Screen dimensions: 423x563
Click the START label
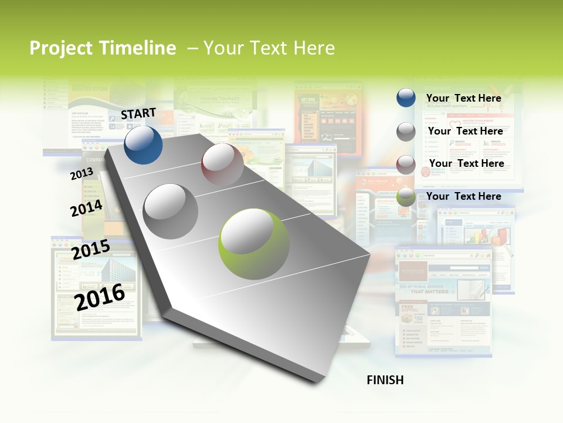pyautogui.click(x=138, y=113)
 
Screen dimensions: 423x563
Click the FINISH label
pyautogui.click(x=385, y=380)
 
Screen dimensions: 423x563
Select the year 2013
pyautogui.click(x=82, y=174)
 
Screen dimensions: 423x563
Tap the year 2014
pyautogui.click(x=86, y=209)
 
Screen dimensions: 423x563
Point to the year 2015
pyautogui.click(x=91, y=250)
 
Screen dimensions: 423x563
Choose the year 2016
pyautogui.click(x=100, y=297)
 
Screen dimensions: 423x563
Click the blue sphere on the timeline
pyautogui.click(x=143, y=145)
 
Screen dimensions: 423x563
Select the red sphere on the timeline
pyautogui.click(x=222, y=165)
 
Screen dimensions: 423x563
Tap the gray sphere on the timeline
pyautogui.click(x=171, y=211)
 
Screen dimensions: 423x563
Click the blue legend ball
pyautogui.click(x=406, y=98)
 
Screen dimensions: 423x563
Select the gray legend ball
pyautogui.click(x=406, y=132)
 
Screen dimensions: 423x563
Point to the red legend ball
pyautogui.click(x=406, y=164)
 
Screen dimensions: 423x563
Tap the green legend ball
pyautogui.click(x=406, y=197)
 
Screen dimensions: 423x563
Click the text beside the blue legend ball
pyautogui.click(x=463, y=98)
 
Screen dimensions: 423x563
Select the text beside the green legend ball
pyautogui.click(x=463, y=196)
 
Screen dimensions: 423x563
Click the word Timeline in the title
pyautogui.click(x=138, y=48)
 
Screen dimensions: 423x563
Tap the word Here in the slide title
pyautogui.click(x=314, y=48)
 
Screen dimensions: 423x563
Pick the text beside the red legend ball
pyautogui.click(x=466, y=163)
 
